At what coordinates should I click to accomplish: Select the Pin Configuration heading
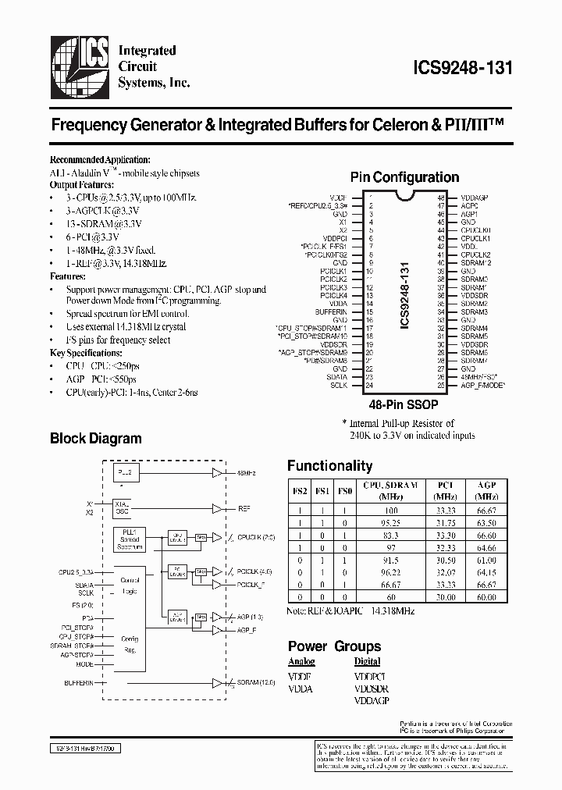[x=404, y=177]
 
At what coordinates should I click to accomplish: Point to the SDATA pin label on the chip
[x=337, y=376]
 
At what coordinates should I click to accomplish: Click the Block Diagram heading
[x=96, y=438]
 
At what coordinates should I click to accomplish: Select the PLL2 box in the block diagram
[x=124, y=473]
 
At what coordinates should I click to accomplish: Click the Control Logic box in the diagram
[x=130, y=585]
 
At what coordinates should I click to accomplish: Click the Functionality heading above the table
[x=329, y=466]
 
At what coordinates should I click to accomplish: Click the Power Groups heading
[x=334, y=646]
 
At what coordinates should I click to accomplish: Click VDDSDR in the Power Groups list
[x=371, y=689]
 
